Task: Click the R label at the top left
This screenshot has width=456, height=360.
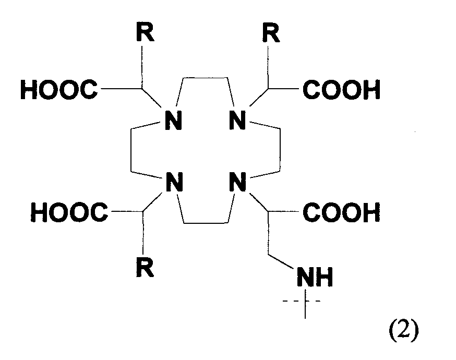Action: tap(145, 31)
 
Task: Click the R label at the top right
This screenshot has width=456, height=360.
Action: tap(271, 32)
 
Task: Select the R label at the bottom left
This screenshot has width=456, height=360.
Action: tap(145, 267)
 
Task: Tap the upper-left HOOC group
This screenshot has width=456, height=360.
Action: tap(59, 89)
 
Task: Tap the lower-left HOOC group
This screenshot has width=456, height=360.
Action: tap(69, 212)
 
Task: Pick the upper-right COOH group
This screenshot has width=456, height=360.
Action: tap(341, 89)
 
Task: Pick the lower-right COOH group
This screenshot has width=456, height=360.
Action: tap(341, 212)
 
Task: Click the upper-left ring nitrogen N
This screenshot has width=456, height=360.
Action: tap(173, 120)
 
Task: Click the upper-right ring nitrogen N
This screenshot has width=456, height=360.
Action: tap(237, 120)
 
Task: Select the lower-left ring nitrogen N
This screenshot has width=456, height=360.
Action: tap(174, 182)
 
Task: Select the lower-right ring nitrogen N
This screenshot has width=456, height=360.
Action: tap(238, 182)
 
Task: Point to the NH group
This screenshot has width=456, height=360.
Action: tap(315, 277)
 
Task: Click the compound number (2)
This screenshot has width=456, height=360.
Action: tap(404, 331)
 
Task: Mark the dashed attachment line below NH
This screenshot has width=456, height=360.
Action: tap(302, 301)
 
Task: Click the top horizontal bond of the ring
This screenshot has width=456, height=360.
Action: tap(205, 78)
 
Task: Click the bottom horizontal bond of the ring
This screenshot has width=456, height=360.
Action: tap(206, 223)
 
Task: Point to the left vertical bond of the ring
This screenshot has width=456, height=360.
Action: tap(131, 150)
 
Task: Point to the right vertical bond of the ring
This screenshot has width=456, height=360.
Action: tap(280, 150)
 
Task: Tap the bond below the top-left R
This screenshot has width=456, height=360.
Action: tap(142, 67)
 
